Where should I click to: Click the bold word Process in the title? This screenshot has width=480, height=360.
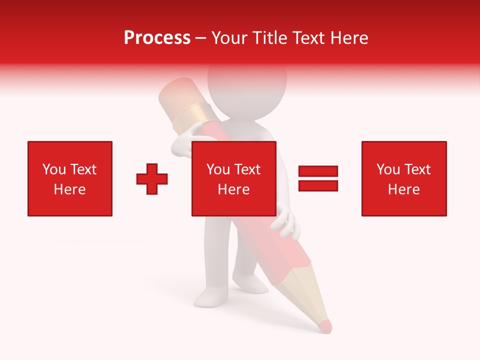click(157, 38)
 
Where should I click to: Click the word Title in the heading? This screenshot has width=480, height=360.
click(271, 38)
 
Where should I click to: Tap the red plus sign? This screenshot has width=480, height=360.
click(152, 179)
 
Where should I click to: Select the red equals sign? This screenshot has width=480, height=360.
click(318, 178)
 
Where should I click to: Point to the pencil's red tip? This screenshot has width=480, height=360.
click(325, 326)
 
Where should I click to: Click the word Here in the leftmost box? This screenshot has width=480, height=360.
click(70, 189)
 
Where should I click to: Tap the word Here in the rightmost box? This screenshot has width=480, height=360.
click(403, 189)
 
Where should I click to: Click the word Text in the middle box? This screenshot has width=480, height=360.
click(247, 169)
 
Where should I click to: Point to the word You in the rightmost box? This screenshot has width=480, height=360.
click(388, 169)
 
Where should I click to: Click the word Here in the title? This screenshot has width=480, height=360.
click(348, 38)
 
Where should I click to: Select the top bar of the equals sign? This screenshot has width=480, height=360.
click(318, 171)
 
